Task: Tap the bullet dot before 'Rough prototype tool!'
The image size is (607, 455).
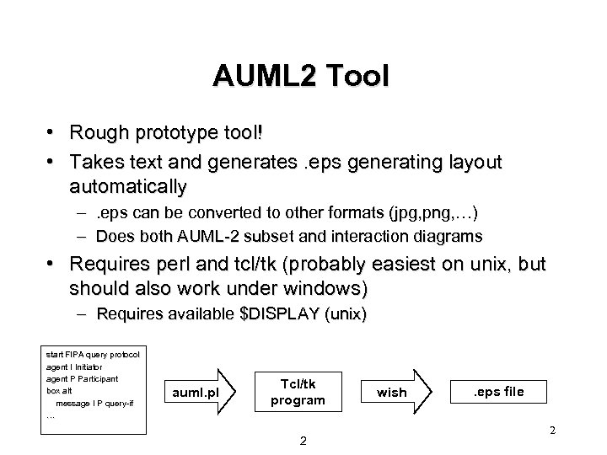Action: point(52,133)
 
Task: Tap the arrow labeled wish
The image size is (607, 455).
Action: point(395,392)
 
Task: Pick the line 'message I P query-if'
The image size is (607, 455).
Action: point(99,403)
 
